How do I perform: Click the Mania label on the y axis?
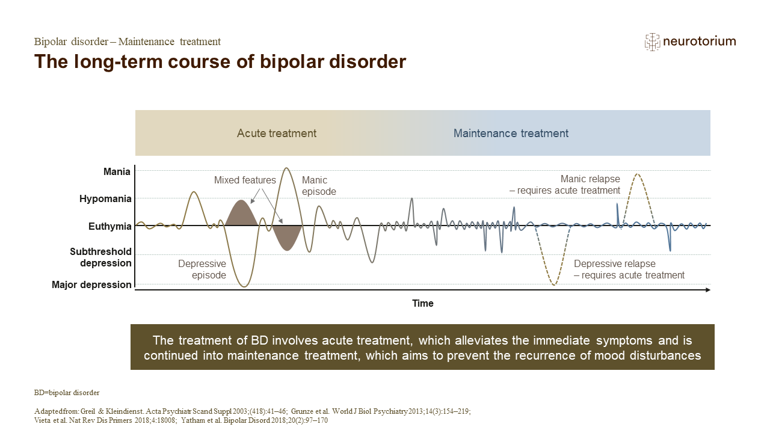coord(117,172)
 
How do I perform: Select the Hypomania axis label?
coord(105,199)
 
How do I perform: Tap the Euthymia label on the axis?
coord(109,227)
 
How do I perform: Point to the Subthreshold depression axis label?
coord(100,257)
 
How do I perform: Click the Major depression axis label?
coord(91,285)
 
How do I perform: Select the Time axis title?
coord(422,304)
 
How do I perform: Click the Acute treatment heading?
coord(277,134)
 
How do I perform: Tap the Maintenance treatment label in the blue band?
coord(511,134)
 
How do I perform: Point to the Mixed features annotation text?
coord(245,180)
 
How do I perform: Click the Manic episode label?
coord(319,186)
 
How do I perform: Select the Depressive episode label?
coord(202,269)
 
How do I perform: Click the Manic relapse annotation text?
coord(565,185)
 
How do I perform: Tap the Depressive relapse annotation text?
coord(629,269)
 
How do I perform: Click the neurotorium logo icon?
coord(652,41)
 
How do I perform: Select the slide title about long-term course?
coord(220,62)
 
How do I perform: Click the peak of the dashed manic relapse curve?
coord(636,174)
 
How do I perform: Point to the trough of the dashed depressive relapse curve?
coord(554,284)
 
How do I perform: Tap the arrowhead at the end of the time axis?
coord(707,290)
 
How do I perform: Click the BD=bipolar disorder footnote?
coord(67,393)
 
